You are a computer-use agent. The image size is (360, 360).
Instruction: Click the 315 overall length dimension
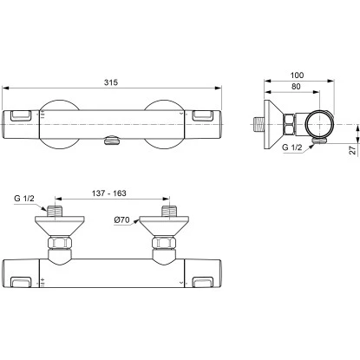[111, 82]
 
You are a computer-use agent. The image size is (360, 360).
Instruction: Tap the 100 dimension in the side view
[297, 75]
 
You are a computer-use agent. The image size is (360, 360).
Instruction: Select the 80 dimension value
[296, 87]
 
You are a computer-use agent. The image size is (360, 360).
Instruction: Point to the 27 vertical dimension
[353, 150]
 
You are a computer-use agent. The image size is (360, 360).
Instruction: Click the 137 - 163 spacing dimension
[109, 193]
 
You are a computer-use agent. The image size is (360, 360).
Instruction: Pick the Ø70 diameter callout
[121, 219]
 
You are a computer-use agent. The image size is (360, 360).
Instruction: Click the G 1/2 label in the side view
[292, 147]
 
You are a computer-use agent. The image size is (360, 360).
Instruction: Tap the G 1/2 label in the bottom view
[24, 199]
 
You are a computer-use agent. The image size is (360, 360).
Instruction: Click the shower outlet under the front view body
[112, 141]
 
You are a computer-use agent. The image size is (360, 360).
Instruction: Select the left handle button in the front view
[21, 115]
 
